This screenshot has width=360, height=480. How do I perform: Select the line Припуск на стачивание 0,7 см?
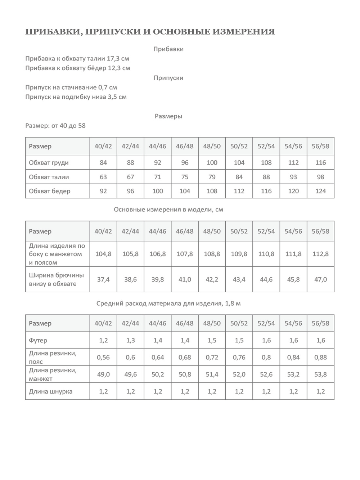(71, 87)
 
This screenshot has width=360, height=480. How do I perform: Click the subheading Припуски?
(168, 78)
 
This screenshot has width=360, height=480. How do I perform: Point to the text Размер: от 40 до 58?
(55, 126)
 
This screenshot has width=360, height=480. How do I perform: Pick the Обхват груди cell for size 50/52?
(239, 162)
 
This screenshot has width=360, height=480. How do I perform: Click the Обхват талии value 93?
(293, 177)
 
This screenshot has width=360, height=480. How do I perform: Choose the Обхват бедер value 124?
(320, 191)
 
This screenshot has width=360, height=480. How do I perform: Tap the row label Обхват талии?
(49, 177)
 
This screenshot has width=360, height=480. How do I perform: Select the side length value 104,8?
(103, 254)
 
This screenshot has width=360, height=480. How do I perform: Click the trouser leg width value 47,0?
(320, 279)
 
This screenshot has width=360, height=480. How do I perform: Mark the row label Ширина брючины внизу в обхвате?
(57, 279)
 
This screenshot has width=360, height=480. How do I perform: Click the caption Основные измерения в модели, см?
(168, 210)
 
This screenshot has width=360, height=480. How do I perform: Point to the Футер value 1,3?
(130, 340)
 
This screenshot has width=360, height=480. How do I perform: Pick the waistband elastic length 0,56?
(103, 357)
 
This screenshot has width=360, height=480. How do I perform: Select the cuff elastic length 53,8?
(320, 374)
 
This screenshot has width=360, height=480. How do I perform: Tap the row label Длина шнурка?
(51, 391)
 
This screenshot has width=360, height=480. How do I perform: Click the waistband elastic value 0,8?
(266, 357)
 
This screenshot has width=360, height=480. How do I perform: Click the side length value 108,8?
(212, 254)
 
